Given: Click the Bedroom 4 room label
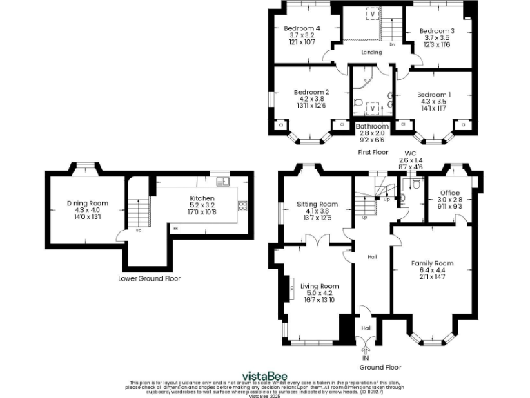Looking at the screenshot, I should [302, 28].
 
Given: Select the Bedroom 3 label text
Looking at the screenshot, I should [437, 31].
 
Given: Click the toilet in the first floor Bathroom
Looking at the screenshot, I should [357, 104].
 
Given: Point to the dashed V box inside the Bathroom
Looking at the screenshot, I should [373, 108].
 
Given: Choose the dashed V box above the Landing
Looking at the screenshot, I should [373, 14].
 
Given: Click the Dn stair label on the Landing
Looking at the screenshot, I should [391, 45].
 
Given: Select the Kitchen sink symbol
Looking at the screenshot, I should [223, 182].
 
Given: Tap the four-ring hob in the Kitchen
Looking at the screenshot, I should [242, 205].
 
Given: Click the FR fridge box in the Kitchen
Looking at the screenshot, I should [176, 228].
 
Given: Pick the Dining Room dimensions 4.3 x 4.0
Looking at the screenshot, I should [83, 209].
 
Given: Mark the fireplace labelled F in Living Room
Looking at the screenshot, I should [290, 288].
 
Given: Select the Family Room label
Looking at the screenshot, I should [432, 263].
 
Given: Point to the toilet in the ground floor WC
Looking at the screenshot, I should [414, 183].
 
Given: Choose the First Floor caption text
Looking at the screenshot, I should [373, 152].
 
